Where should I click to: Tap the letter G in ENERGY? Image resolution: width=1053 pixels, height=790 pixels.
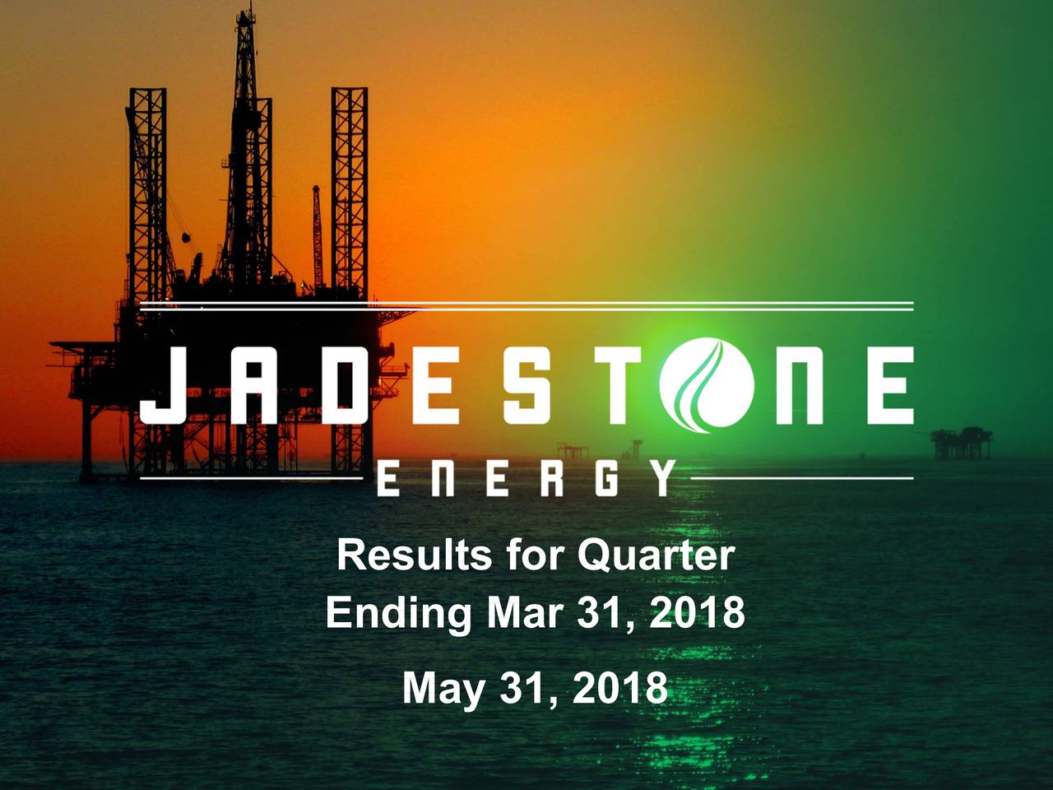tap(605, 478)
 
